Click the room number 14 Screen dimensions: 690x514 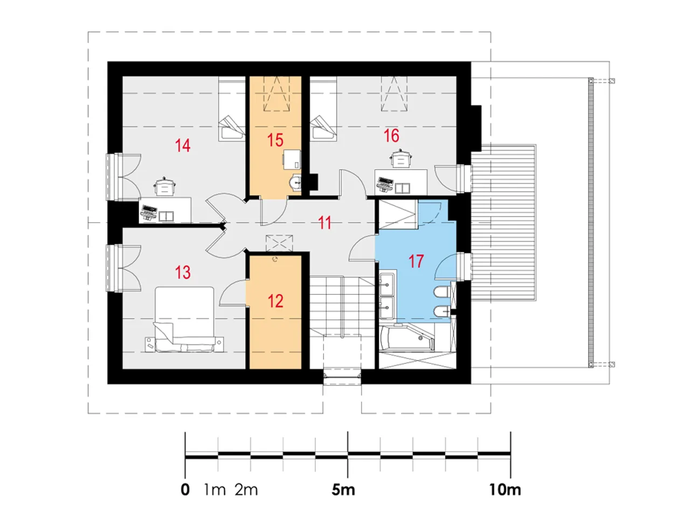(x=182, y=145)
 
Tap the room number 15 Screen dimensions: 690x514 (x=275, y=140)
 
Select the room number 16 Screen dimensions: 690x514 (x=391, y=136)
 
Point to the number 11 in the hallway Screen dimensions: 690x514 (x=325, y=223)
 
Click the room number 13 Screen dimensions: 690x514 (x=182, y=272)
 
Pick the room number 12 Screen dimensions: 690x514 (x=275, y=301)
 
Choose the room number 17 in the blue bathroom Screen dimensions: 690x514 (x=416, y=261)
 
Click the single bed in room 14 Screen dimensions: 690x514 (x=232, y=109)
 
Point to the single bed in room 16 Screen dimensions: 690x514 (x=323, y=109)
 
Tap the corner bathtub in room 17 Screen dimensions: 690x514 (x=407, y=338)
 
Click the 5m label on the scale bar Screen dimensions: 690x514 (x=343, y=490)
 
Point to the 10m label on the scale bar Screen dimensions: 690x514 (x=505, y=490)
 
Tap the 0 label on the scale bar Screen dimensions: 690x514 (x=185, y=490)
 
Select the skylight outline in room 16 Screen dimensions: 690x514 (x=394, y=94)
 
